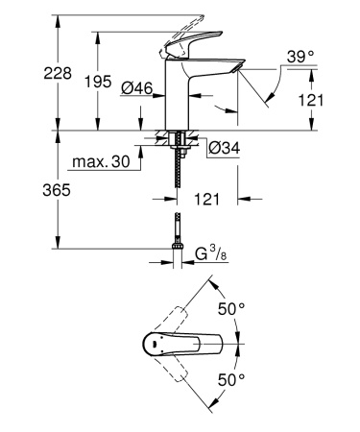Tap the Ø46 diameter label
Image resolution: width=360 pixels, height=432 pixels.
tap(140, 87)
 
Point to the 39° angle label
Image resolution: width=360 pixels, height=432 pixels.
tap(300, 60)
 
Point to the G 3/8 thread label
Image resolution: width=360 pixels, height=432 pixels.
tap(212, 253)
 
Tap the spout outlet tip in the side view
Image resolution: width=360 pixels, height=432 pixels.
tap(232, 68)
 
